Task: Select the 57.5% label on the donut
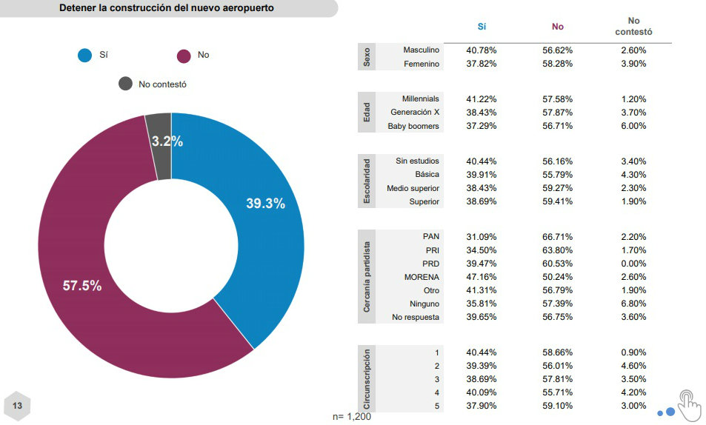pyautogui.click(x=82, y=286)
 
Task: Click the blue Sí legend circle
pyautogui.click(x=85, y=56)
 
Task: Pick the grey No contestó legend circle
pyautogui.click(x=126, y=84)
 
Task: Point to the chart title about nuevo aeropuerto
pyautogui.click(x=166, y=8)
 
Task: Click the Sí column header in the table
pyautogui.click(x=482, y=27)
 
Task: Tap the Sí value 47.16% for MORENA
pyautogui.click(x=482, y=277)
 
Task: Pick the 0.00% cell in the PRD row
pyautogui.click(x=633, y=264)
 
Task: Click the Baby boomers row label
pyautogui.click(x=413, y=126)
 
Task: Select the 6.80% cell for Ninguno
pyautogui.click(x=633, y=304)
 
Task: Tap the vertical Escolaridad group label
pyautogui.click(x=366, y=181)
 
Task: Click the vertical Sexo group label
pyautogui.click(x=366, y=57)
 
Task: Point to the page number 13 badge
pyautogui.click(x=17, y=406)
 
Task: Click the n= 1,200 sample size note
pyautogui.click(x=352, y=417)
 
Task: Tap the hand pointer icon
pyautogui.click(x=688, y=404)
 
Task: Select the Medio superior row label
pyautogui.click(x=413, y=188)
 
